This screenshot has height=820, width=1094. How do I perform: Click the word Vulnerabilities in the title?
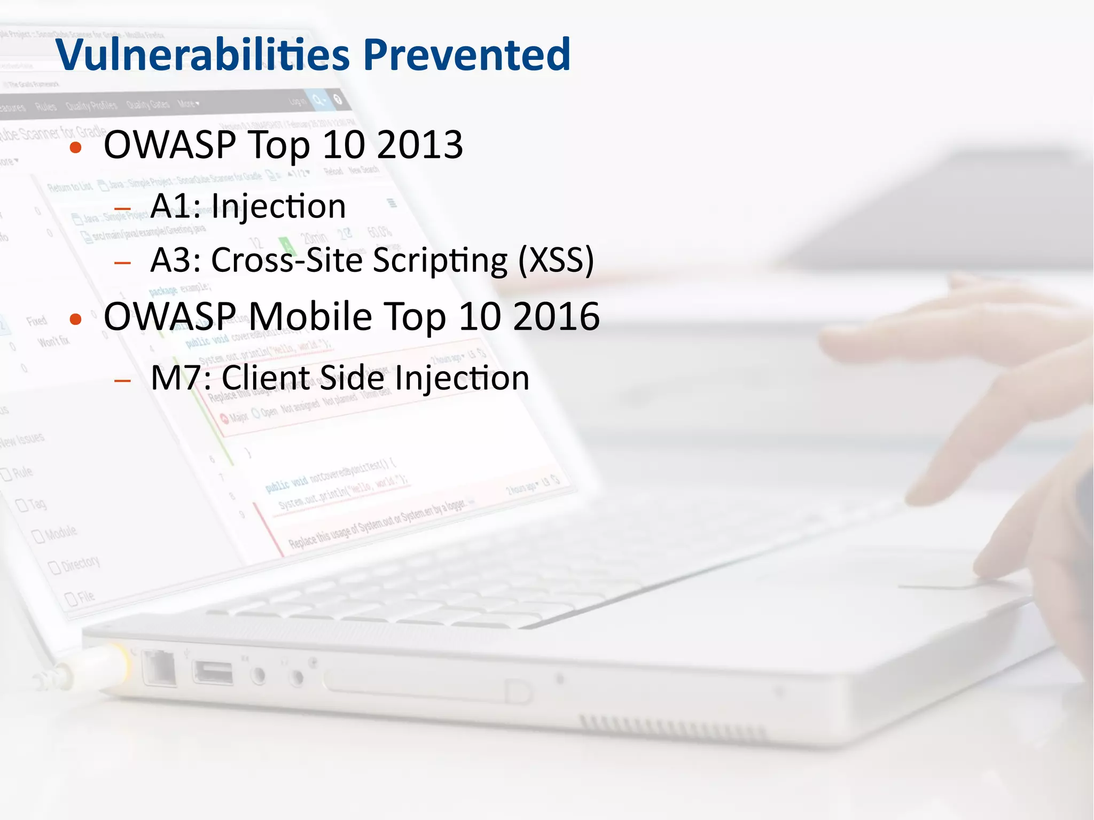coord(203,54)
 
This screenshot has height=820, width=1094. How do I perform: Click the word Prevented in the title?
coord(467,54)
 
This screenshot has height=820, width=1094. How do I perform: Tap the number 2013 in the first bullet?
coord(420,145)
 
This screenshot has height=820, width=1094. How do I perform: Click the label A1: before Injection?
coord(176,206)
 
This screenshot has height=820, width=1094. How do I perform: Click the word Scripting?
coord(439,260)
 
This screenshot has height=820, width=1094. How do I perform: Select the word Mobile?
coord(310,316)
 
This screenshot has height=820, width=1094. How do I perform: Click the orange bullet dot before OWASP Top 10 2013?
coord(76,147)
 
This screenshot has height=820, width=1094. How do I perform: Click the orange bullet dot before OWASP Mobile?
coord(76,319)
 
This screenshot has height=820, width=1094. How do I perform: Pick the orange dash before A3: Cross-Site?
coord(123,262)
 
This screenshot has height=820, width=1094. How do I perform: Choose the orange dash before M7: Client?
coord(123,380)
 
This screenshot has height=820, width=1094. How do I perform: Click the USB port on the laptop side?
coord(213,672)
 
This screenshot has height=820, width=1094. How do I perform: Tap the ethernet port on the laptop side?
coord(159,668)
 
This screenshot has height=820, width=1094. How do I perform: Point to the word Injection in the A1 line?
coord(278,206)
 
